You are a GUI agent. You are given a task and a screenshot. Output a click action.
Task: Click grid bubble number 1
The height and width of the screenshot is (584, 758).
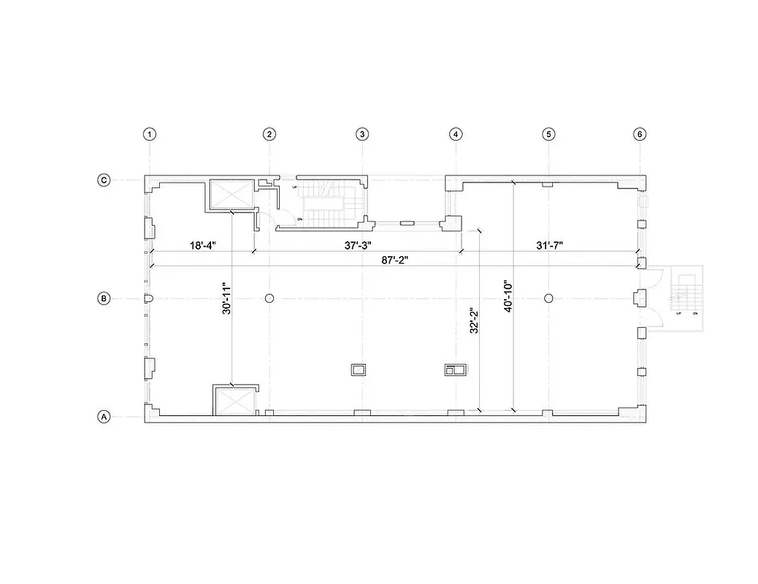click(150, 134)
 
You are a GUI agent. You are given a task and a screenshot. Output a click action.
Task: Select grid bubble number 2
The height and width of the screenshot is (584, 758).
click(269, 134)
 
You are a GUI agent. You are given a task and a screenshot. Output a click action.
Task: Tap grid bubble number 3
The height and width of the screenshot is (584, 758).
click(362, 134)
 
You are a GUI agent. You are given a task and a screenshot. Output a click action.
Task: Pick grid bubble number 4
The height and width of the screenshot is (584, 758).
click(456, 134)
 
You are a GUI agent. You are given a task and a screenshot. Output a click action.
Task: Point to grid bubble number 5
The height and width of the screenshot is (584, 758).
click(548, 134)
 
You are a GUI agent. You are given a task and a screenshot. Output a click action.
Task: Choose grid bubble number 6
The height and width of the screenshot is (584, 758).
click(640, 134)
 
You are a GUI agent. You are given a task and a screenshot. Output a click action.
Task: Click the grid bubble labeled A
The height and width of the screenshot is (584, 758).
click(104, 417)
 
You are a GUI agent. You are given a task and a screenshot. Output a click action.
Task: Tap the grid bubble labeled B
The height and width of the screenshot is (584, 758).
click(104, 299)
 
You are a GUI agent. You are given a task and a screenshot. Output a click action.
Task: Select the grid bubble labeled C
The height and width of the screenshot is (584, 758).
click(104, 180)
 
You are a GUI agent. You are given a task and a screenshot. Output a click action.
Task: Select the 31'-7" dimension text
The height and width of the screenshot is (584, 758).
click(549, 245)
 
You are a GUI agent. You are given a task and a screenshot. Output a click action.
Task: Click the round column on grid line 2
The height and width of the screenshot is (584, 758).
click(269, 299)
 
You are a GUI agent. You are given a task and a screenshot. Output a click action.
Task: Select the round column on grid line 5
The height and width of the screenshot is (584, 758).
click(548, 298)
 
